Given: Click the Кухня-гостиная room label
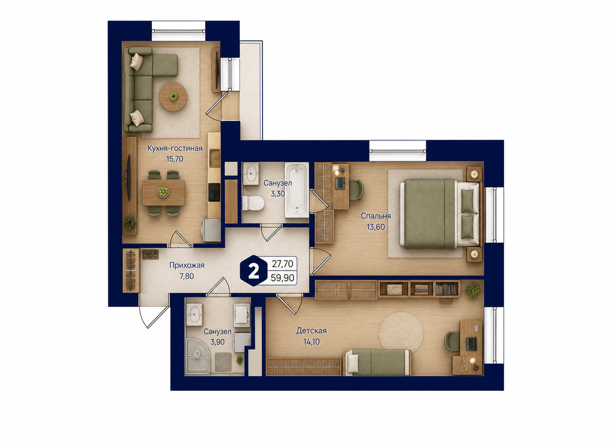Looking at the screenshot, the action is (175, 148).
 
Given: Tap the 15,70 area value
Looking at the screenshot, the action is (174, 159).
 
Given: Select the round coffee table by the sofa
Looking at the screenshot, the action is (173, 96).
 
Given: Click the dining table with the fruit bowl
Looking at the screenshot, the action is (163, 192).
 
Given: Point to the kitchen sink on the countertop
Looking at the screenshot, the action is (215, 158).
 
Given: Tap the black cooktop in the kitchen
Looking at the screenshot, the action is (214, 192).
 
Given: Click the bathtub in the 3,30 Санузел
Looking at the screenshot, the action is (297, 190).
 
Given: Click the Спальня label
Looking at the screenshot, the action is (375, 216).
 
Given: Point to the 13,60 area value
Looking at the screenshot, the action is (375, 227).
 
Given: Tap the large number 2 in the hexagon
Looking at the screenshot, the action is (254, 273).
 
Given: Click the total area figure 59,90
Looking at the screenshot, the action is (282, 278).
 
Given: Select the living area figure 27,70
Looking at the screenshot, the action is (282, 264).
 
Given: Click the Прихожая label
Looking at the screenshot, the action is (187, 265).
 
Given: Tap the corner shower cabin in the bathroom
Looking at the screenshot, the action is (198, 356).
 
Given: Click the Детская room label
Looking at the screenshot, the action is (311, 331).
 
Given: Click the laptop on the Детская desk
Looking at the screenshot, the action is (471, 344).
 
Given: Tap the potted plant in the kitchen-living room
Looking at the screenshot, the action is (130, 223).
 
